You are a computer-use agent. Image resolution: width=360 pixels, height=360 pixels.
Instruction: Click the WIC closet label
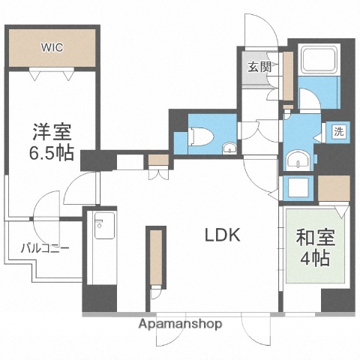52,47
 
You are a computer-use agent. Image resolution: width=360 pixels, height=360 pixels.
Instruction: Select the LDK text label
223,235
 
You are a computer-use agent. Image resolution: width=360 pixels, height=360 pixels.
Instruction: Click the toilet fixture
200,136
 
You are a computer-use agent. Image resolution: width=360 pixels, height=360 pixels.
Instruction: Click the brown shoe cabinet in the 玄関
287,75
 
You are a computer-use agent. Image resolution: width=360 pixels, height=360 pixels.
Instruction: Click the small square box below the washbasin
298,187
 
